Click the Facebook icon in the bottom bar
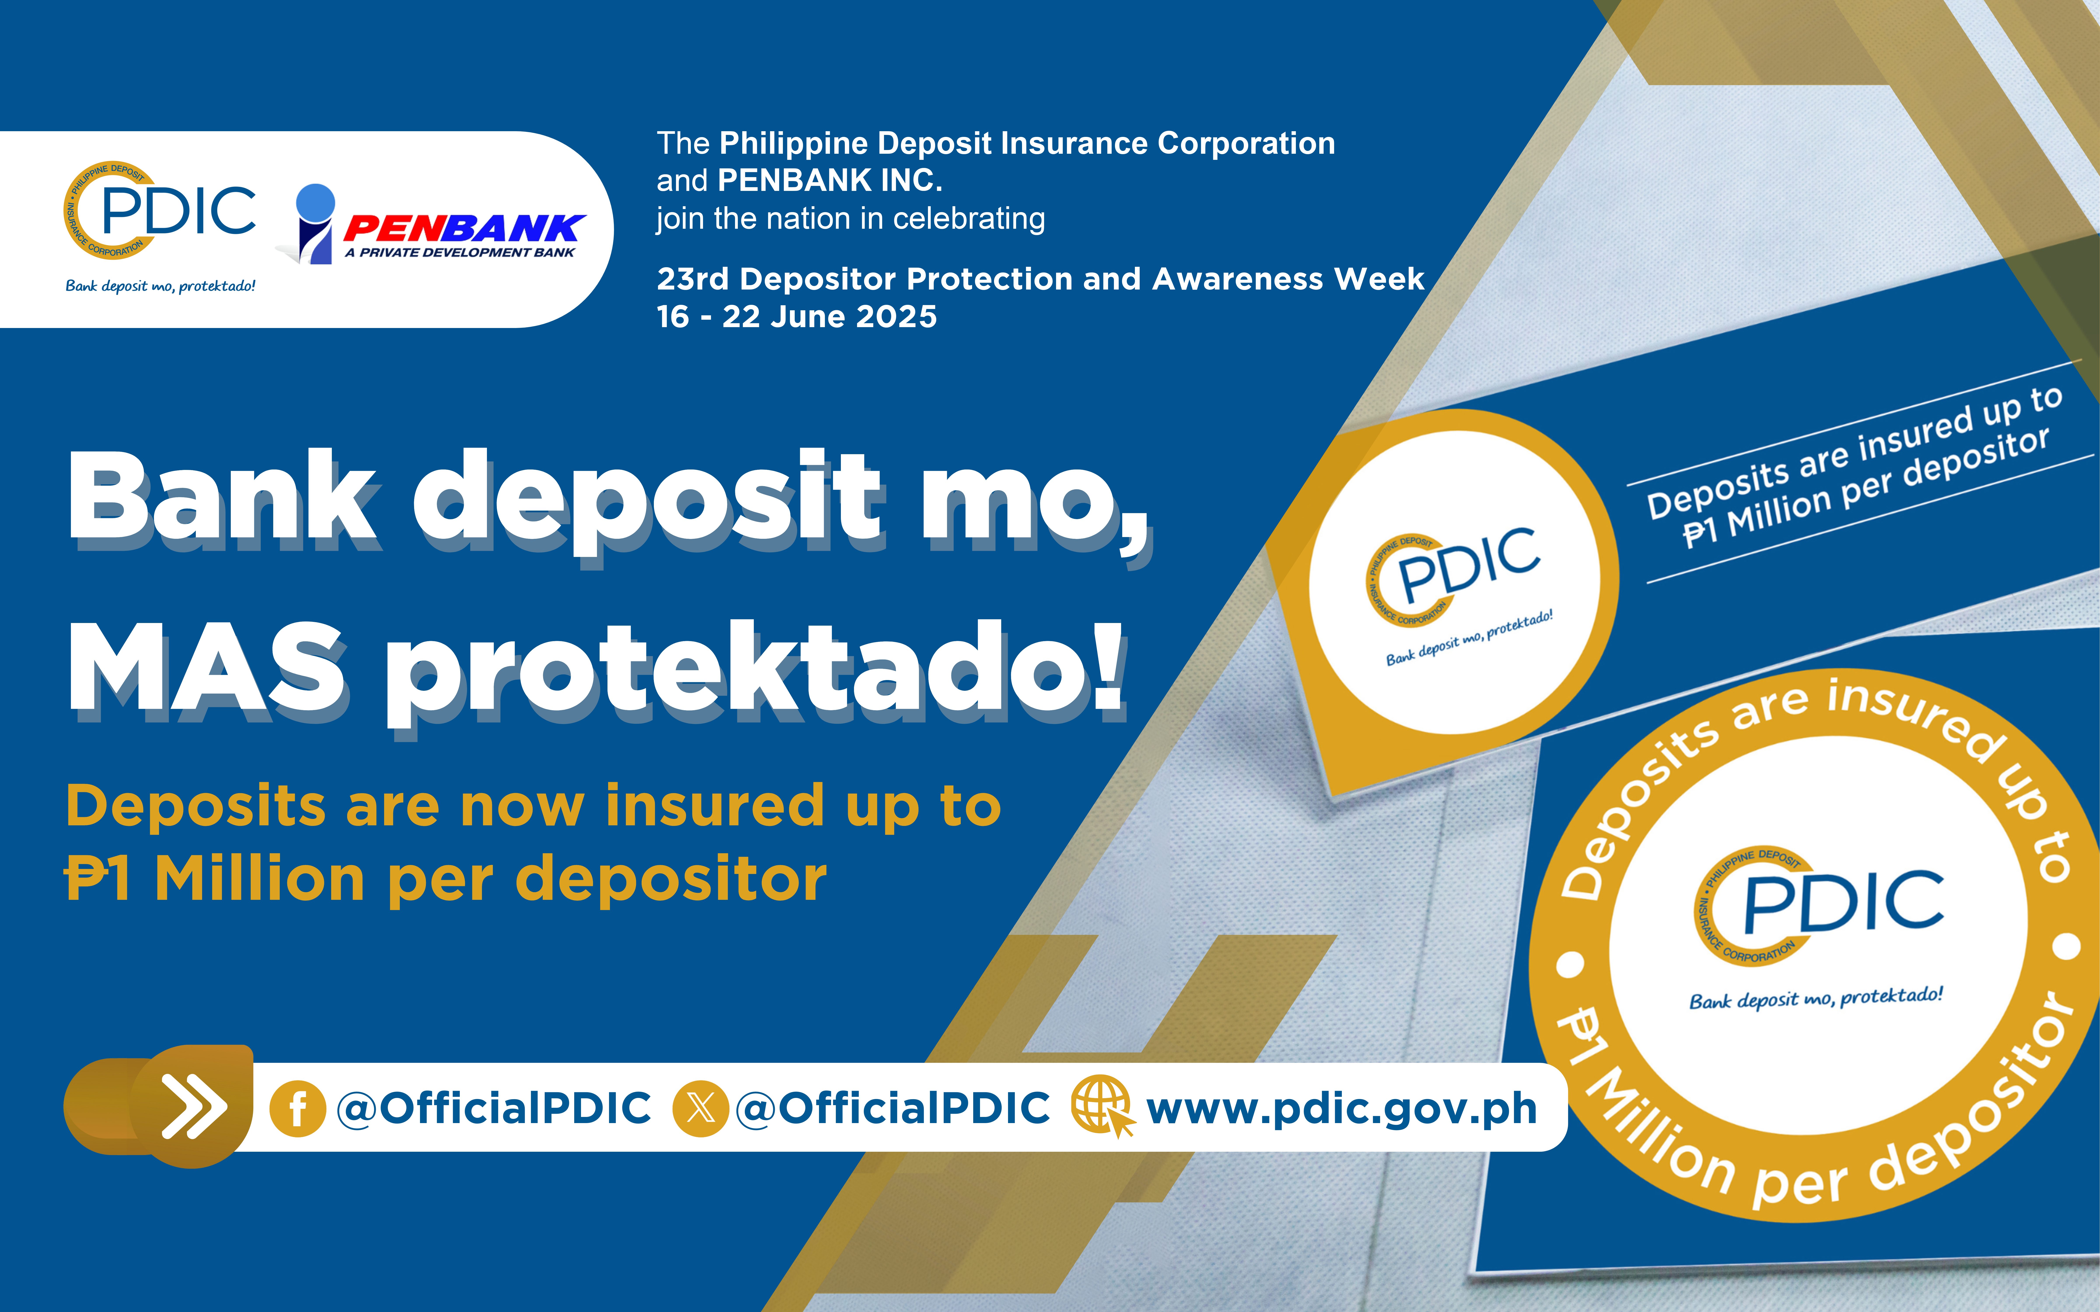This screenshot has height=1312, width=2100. pyautogui.click(x=298, y=1108)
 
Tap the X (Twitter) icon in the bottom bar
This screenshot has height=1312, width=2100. pyautogui.click(x=700, y=1108)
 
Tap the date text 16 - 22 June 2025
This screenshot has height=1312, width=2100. pyautogui.click(x=797, y=317)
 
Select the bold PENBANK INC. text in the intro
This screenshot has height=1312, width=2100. pyautogui.click(x=829, y=180)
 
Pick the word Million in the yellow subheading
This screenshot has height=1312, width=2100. pyautogui.click(x=259, y=878)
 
